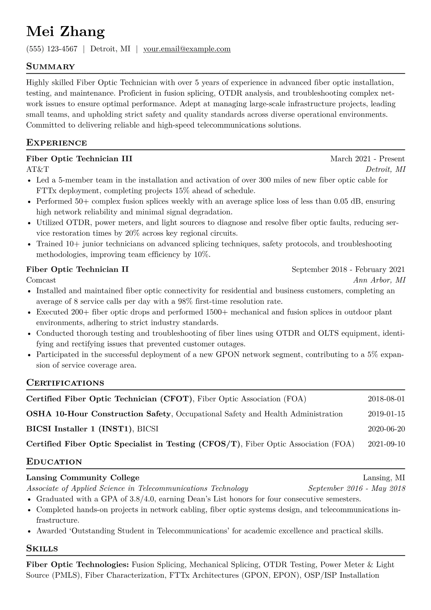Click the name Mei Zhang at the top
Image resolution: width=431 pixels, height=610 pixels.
66,32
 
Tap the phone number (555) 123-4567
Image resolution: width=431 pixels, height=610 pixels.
52,49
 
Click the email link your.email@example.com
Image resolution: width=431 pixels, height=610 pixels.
187,49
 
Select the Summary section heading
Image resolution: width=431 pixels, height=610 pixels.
50,67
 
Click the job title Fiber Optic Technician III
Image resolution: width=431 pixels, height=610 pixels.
79,159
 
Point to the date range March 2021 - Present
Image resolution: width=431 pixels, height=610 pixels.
367,159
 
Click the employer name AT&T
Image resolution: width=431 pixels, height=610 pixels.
38,169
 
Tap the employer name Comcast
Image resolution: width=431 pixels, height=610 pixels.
41,280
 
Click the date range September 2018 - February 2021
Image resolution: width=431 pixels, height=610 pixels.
348,269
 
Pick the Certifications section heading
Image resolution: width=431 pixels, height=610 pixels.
65,383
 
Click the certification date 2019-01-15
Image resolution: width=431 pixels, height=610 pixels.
386,414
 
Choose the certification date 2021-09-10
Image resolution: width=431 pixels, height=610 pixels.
386,444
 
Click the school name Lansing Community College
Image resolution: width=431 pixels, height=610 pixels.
83,478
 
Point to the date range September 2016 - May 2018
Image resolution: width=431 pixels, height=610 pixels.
357,488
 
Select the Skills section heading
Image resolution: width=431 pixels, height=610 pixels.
42,549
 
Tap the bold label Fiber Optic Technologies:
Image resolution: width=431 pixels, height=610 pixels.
78,565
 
